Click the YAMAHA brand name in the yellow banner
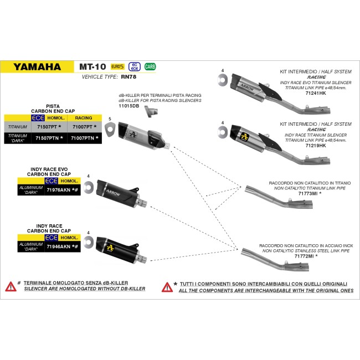37,67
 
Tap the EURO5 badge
117,66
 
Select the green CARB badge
150,66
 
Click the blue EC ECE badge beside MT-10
135,66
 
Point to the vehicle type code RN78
128,76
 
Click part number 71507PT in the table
47,127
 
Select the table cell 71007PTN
83,138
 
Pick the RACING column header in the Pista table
84,118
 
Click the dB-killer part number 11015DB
129,106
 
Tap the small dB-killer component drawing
151,112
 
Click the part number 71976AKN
59,190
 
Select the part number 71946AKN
59,246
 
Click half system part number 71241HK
316,93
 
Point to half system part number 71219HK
316,145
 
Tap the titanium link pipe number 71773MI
308,193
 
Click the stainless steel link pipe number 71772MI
304,256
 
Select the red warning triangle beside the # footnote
11,286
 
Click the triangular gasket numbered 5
110,130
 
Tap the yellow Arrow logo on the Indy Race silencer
110,248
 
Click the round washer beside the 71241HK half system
223,80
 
